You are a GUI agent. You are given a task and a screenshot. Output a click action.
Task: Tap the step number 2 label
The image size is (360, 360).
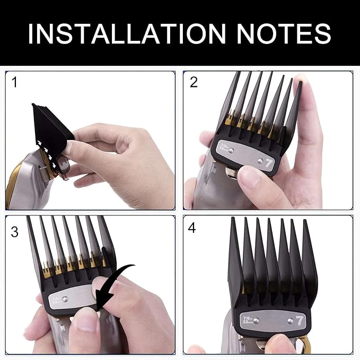pos(194,82)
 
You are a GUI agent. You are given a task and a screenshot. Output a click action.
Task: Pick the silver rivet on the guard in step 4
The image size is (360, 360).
pos(257,319)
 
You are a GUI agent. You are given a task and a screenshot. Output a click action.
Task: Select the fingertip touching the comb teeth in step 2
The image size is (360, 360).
pos(301,85)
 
